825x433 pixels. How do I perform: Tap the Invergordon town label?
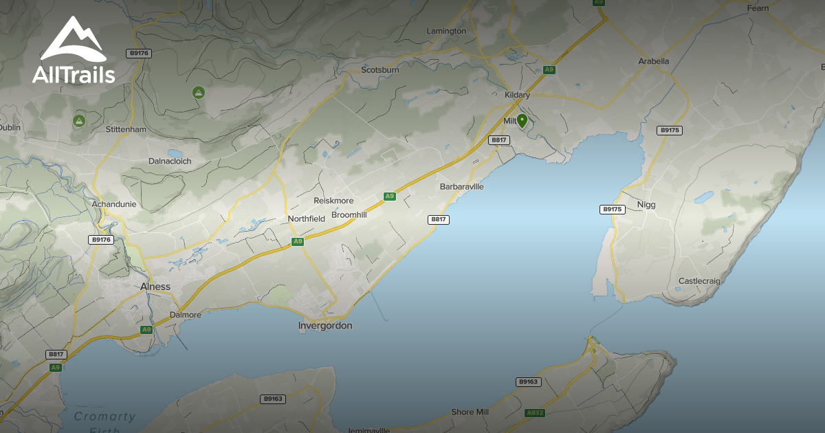pyautogui.click(x=325, y=326)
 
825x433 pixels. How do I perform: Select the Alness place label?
pyautogui.click(x=155, y=287)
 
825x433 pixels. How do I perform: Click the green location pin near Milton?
pyautogui.click(x=522, y=122)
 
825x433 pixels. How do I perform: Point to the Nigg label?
pyautogui.click(x=646, y=205)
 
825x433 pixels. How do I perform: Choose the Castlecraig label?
pyautogui.click(x=700, y=281)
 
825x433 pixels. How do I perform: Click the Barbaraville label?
pyautogui.click(x=462, y=186)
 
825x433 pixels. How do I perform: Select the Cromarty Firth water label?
pyautogui.click(x=104, y=417)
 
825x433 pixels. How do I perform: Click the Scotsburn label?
pyautogui.click(x=380, y=70)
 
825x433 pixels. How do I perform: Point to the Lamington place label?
pyautogui.click(x=446, y=31)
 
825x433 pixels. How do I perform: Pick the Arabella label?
pyautogui.click(x=653, y=61)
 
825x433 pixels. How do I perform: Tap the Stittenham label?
pyautogui.click(x=126, y=129)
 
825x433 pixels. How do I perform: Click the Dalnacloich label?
pyautogui.click(x=170, y=161)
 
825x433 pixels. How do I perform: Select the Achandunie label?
pyautogui.click(x=114, y=204)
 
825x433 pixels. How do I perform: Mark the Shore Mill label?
pyautogui.click(x=470, y=412)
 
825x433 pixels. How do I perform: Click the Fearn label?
pyautogui.click(x=757, y=8)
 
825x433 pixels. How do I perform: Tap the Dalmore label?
pyautogui.click(x=186, y=315)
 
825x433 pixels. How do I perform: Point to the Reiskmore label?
pyautogui.click(x=333, y=201)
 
